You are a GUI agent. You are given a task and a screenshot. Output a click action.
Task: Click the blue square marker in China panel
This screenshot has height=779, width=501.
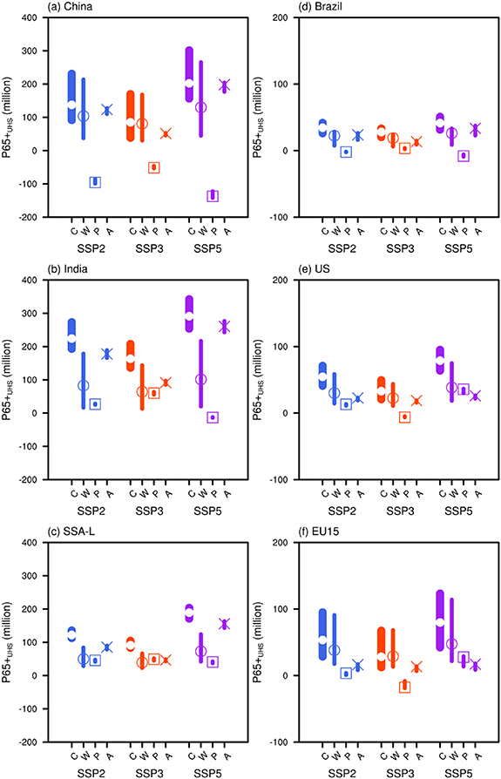pos(95,182)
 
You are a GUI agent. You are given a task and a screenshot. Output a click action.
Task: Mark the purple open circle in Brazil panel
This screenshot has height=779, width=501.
pos(451,133)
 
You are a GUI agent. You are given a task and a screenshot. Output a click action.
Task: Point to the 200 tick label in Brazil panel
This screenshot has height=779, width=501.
pos(278,17)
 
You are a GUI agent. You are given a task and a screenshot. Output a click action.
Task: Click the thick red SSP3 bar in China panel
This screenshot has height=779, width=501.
pos(131,105)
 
